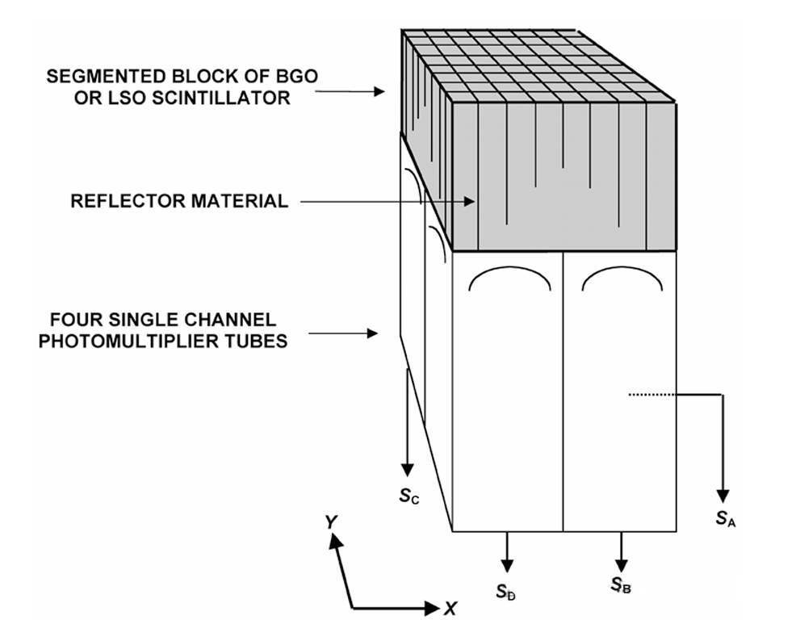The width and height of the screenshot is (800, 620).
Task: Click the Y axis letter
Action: (x=330, y=522)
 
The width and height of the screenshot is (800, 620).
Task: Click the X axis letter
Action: (x=450, y=606)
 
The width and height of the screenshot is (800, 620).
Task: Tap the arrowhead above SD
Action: (x=506, y=563)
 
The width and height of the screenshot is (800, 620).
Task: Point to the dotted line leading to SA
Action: (x=651, y=394)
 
